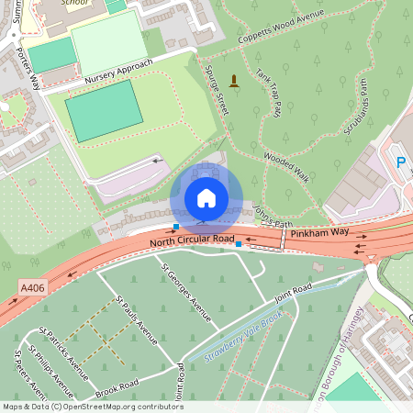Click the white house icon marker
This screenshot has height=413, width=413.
pyautogui.click(x=206, y=198)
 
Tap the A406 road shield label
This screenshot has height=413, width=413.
pyautogui.click(x=32, y=288)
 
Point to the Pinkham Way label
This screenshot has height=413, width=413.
pyautogui.click(x=319, y=233)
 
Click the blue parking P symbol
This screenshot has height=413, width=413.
pyautogui.click(x=400, y=162)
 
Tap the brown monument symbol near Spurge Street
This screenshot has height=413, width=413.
pyautogui.click(x=233, y=81)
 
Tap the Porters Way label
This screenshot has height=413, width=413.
pyautogui.click(x=28, y=67)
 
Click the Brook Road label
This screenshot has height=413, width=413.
pyautogui.click(x=117, y=383)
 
